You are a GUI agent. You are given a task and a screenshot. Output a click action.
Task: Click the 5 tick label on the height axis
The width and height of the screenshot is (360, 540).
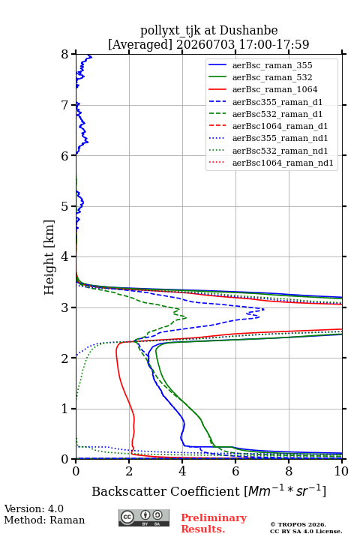pos(65,207)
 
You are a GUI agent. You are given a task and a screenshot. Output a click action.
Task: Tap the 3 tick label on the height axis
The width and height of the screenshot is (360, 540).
pos(65,307)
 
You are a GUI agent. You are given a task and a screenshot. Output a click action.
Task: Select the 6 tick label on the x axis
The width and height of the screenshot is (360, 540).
pos(235,471)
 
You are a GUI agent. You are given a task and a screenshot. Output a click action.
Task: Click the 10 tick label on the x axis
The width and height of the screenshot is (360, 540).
pos(341,471)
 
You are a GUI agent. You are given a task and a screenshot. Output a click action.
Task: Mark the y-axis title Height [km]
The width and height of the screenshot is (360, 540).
pos(49,257)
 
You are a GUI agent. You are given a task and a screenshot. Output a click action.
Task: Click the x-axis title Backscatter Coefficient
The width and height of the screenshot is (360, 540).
pos(166,491)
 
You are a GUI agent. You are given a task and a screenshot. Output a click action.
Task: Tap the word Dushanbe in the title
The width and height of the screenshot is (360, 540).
pos(248,31)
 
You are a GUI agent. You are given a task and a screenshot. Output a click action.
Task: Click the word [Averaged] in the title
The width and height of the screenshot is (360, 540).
pos(140,44)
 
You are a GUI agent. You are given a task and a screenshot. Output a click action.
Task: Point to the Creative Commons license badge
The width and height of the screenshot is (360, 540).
pos(144,517)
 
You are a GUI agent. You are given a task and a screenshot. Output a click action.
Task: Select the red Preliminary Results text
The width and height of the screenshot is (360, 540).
pos(214,523)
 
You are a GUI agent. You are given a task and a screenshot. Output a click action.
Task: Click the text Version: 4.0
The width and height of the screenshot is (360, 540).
pos(34,508)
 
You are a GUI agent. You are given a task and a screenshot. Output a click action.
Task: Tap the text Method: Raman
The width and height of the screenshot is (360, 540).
pos(44,520)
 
